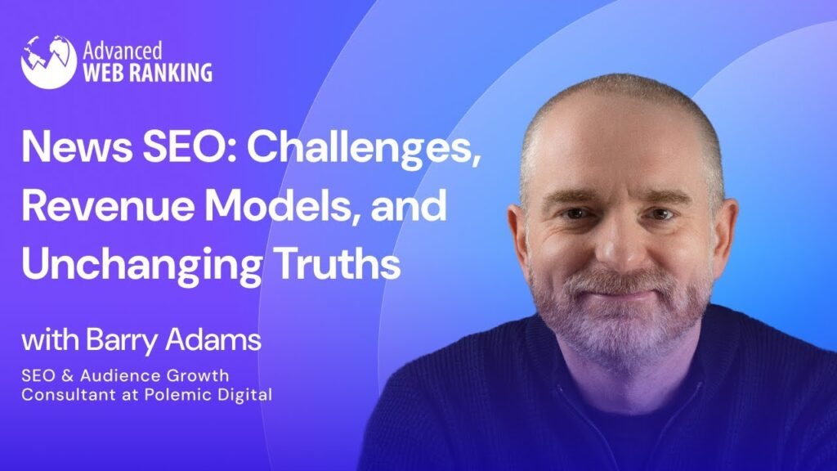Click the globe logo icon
point(48,62)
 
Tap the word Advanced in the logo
point(123,51)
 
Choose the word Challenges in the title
point(364,150)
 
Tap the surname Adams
point(213,339)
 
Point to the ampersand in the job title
point(67,375)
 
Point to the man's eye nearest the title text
point(576,213)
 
